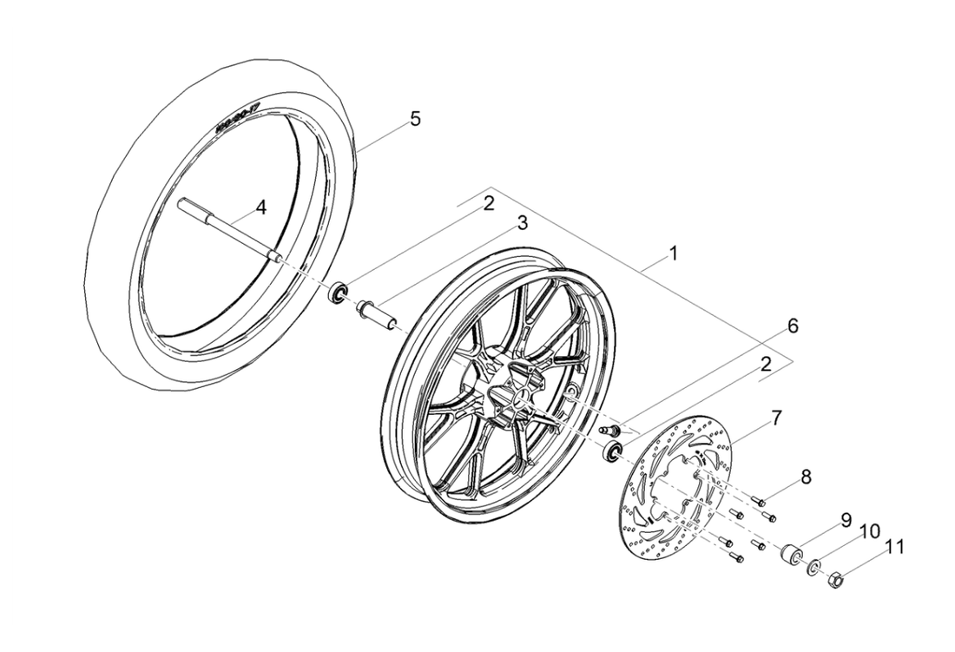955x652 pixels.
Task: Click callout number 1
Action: click(x=674, y=254)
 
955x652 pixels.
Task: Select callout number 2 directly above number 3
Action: click(x=489, y=204)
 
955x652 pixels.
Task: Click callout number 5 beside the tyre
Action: click(x=792, y=326)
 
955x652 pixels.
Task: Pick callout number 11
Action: click(x=895, y=548)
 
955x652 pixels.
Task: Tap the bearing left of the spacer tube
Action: click(x=337, y=292)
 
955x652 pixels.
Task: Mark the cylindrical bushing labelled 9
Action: click(x=792, y=554)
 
